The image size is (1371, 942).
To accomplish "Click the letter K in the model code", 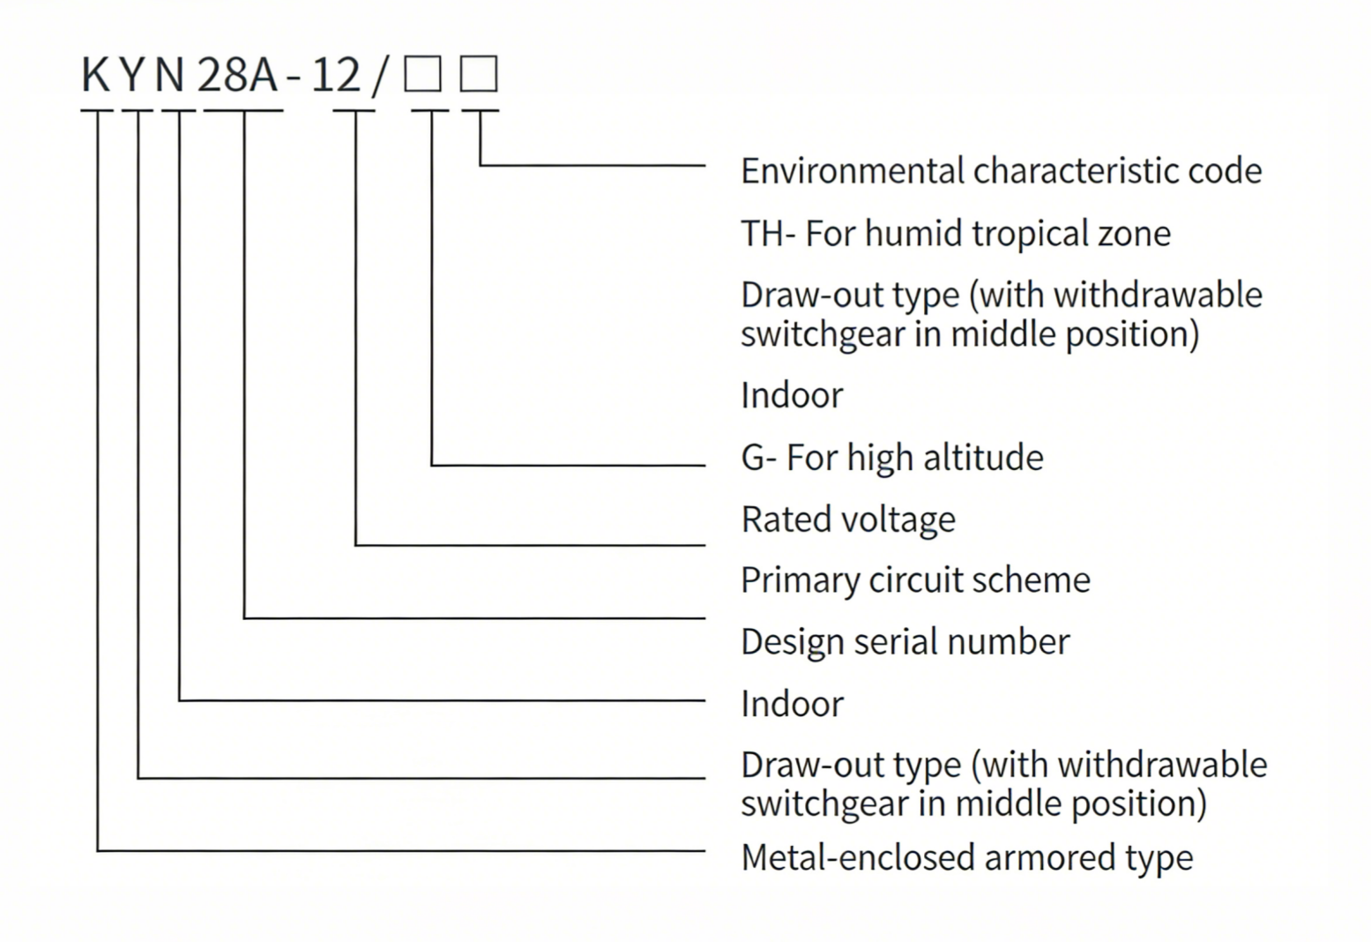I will [x=95, y=75].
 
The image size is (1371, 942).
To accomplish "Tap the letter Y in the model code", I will [x=133, y=75].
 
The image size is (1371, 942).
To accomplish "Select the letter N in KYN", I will [x=169, y=75].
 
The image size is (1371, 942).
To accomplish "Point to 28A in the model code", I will [x=236, y=75].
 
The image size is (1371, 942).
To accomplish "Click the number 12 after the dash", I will [x=336, y=75].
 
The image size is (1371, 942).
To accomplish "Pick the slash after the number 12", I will [x=380, y=75].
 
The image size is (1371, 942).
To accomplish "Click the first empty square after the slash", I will [x=422, y=73].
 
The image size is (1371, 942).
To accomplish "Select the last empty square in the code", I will [x=479, y=73].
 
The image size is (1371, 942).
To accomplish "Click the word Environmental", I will [x=852, y=171].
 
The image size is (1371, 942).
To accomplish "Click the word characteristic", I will [x=1076, y=171].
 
